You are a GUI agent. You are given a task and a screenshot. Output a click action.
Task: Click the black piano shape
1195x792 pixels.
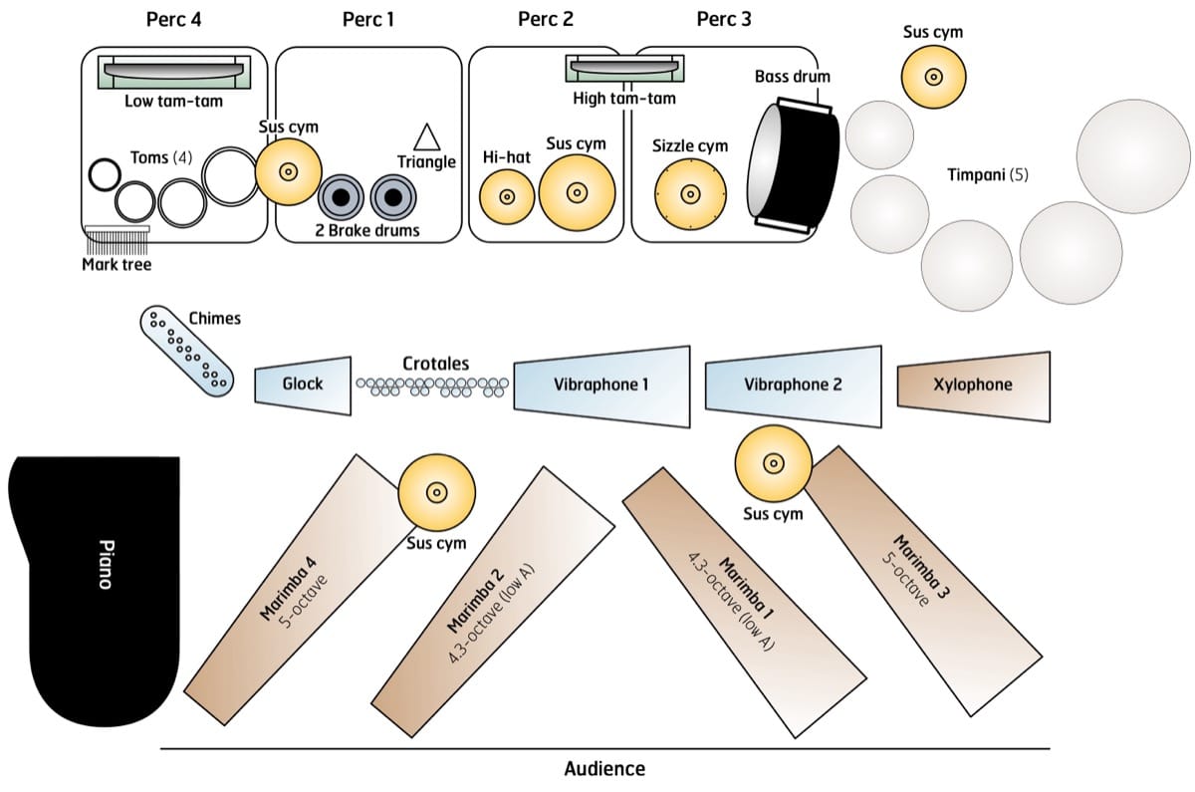(x=95, y=588)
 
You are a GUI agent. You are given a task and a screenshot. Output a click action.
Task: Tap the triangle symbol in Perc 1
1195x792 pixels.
(x=426, y=136)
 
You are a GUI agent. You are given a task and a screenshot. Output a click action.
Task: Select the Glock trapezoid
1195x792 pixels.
(x=304, y=385)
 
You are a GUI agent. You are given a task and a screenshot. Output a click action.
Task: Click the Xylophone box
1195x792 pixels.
(x=974, y=385)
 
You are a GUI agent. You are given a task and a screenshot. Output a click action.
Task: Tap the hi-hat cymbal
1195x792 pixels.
(x=505, y=197)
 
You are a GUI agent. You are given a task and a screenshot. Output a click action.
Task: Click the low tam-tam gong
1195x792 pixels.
(x=173, y=72)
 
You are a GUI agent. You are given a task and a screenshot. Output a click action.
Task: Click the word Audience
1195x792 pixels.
(x=604, y=768)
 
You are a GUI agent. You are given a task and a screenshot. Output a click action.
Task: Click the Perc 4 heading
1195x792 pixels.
(x=173, y=18)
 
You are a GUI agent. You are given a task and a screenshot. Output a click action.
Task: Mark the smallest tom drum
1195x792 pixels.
(x=103, y=174)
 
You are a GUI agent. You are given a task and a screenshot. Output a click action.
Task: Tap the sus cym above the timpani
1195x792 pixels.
(x=933, y=77)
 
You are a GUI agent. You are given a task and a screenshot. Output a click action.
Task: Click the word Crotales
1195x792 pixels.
(x=435, y=364)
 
